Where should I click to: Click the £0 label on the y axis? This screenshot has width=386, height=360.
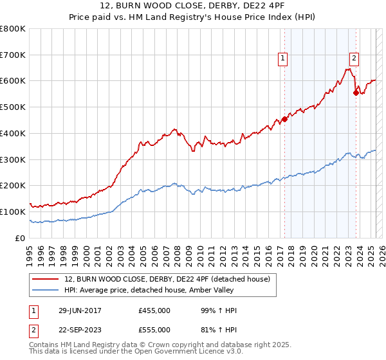point(21,238)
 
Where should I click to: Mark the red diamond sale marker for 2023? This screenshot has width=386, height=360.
point(356,93)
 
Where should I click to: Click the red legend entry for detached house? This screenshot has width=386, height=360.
point(171,278)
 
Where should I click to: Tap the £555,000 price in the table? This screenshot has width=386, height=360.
point(154,330)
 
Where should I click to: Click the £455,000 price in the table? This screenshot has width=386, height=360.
point(154,310)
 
